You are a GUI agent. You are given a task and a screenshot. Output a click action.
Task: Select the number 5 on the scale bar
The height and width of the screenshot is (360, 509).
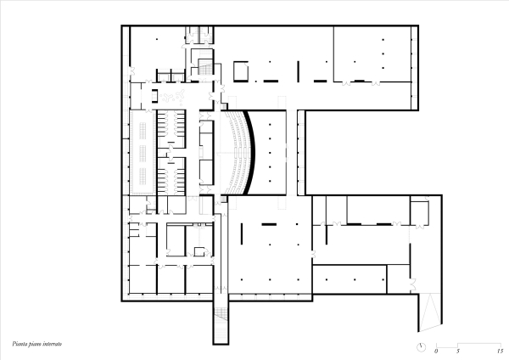[x=458, y=350]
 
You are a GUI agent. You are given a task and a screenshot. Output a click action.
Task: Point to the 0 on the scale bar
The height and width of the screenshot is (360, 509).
[x=436, y=350]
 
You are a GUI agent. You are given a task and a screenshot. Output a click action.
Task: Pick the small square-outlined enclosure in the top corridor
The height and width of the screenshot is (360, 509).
[x=241, y=69]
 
